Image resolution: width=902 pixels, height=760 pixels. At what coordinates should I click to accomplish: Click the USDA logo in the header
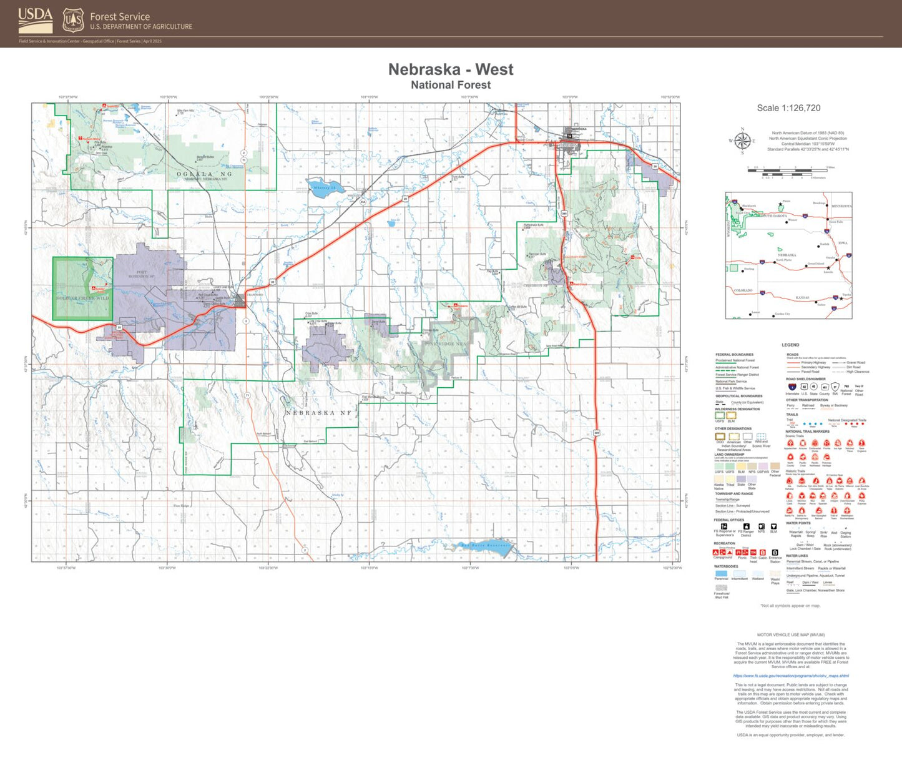pyautogui.click(x=35, y=21)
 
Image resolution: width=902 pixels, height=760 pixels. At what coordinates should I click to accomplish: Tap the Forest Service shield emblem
pyautogui.click(x=73, y=21)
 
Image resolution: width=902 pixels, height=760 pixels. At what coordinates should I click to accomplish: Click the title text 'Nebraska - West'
pyautogui.click(x=451, y=69)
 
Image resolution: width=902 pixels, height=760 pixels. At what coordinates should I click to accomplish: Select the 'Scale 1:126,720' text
pyautogui.click(x=788, y=108)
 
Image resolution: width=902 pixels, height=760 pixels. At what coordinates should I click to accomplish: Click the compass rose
pyautogui.click(x=742, y=141)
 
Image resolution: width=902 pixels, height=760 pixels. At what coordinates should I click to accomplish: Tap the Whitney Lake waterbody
pyautogui.click(x=324, y=188)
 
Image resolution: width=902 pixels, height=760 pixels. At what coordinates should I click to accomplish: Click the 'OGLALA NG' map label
pyautogui.click(x=204, y=174)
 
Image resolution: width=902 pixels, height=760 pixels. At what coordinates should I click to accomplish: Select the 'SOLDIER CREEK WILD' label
pyautogui.click(x=82, y=298)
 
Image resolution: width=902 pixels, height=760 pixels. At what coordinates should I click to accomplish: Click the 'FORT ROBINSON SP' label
pyautogui.click(x=142, y=274)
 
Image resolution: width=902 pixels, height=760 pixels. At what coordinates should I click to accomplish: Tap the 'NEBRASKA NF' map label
pyautogui.click(x=318, y=413)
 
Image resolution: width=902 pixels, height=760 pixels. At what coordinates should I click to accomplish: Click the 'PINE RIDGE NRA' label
pyautogui.click(x=445, y=344)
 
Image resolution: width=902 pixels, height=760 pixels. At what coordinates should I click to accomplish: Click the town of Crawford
pyautogui.click(x=239, y=300)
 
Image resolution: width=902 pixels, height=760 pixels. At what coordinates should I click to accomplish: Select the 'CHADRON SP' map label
pyautogui.click(x=535, y=285)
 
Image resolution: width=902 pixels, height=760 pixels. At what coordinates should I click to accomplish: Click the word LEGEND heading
pyautogui.click(x=790, y=345)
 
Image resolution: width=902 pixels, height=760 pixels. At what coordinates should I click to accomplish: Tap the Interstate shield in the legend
pyautogui.click(x=792, y=387)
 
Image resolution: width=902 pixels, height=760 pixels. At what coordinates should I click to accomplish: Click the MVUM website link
pyautogui.click(x=790, y=676)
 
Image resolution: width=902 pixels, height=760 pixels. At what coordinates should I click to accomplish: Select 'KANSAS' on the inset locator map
pyautogui.click(x=802, y=298)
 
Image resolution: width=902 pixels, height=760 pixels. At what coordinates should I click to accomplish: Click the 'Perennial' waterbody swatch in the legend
pyautogui.click(x=721, y=573)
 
